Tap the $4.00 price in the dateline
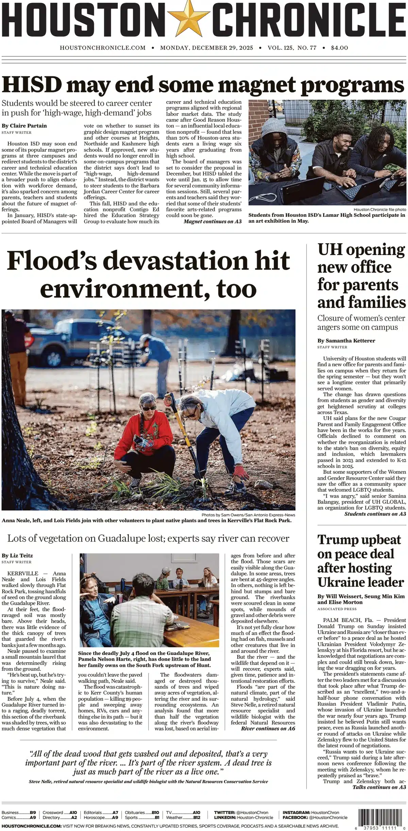(x=339, y=48)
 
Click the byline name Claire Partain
(x=28, y=126)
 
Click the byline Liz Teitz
(x=21, y=555)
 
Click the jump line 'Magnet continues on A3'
(x=213, y=222)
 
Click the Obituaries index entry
(x=142, y=813)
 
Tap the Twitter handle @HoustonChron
(x=254, y=813)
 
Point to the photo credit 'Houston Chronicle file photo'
(x=379, y=210)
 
